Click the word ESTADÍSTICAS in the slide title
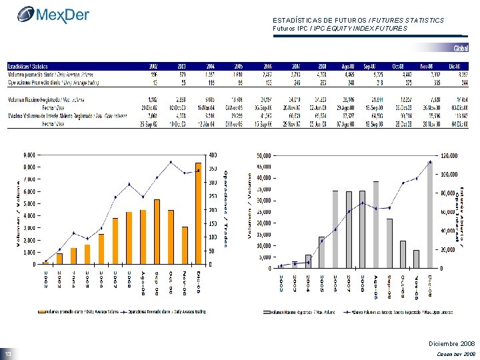coord(297,21)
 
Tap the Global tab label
coord(461,49)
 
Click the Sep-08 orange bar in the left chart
coord(157,232)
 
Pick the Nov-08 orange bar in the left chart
coord(185,245)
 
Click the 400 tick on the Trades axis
coord(213,155)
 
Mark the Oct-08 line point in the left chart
coord(171,162)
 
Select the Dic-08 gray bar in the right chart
coord(431,214)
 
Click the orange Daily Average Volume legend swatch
coord(41,311)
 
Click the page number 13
coord(9,353)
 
